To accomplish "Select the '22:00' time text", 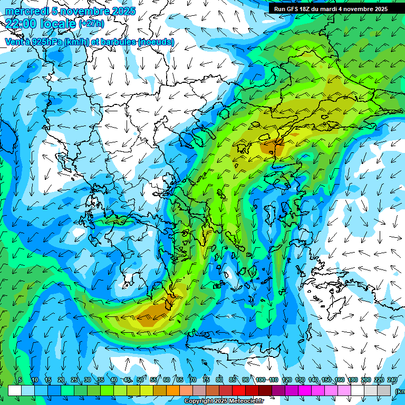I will point(22,23).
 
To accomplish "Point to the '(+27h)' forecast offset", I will point(91,24).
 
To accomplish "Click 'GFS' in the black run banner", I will point(292,9).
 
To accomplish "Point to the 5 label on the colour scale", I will point(20,380).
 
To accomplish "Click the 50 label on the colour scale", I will point(140,380).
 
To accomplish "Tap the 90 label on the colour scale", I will point(246,380).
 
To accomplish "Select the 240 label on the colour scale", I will point(392,380).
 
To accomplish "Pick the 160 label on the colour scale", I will point(340,380).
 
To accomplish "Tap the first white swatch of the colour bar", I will point(15,390).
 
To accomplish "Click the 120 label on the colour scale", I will point(287,380).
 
